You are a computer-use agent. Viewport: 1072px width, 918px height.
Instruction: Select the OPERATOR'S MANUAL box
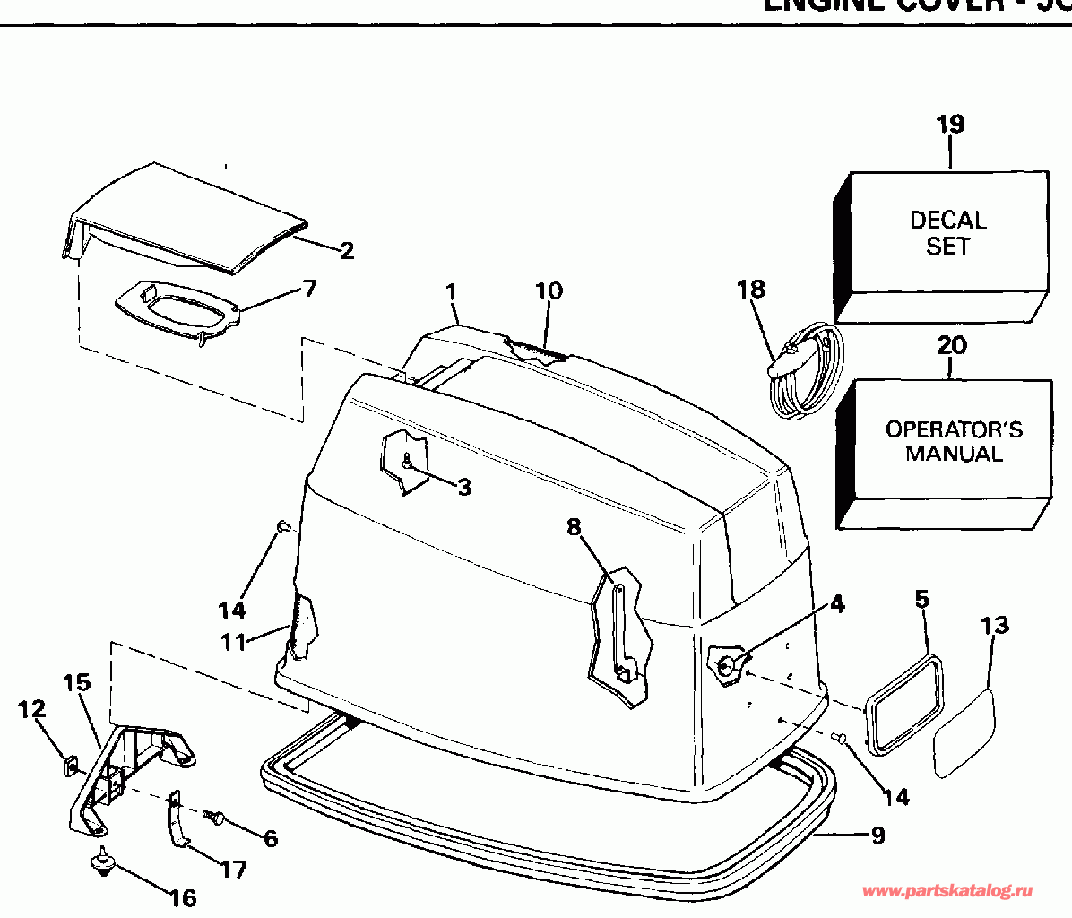pos(954,441)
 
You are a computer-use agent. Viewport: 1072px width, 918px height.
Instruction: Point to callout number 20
pos(952,344)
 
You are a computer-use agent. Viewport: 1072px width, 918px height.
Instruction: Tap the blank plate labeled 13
pos(964,732)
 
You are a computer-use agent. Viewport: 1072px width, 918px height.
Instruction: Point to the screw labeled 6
pos(213,817)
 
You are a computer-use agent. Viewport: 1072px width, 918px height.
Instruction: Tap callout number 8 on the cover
pos(574,527)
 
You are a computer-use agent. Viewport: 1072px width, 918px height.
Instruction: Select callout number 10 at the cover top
pos(549,290)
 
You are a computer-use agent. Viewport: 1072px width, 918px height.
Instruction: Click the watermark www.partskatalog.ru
pos(947,891)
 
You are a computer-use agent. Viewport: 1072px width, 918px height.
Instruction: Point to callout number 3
pos(463,487)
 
